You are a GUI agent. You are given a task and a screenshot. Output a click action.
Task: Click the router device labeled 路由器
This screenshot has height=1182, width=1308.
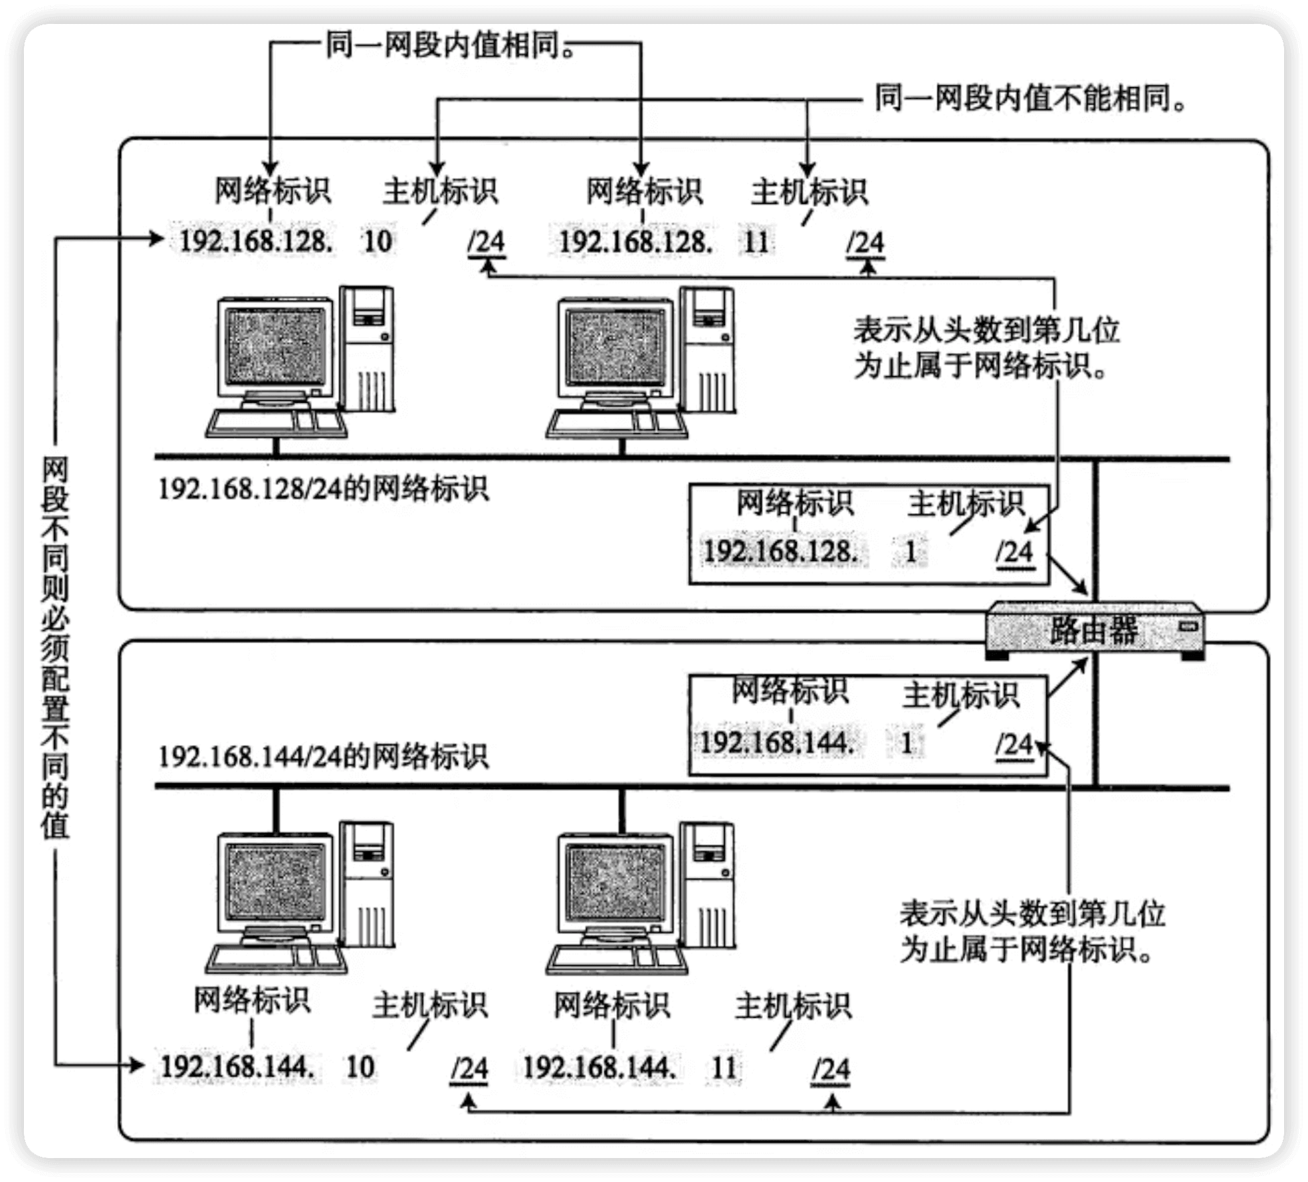pos(1093,630)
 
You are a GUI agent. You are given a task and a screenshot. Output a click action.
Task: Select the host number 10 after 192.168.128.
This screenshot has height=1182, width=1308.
pos(378,241)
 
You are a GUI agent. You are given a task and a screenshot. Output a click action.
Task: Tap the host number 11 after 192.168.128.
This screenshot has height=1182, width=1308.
pos(756,241)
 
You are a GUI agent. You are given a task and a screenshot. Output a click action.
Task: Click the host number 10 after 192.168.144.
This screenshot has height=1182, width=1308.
pos(360,1067)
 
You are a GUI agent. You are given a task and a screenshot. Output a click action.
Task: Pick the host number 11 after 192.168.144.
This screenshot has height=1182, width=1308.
pos(724,1068)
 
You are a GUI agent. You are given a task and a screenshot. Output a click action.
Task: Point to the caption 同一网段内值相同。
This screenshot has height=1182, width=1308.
pos(451,47)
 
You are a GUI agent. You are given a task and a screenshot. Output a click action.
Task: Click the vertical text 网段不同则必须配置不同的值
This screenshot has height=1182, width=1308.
pos(55,645)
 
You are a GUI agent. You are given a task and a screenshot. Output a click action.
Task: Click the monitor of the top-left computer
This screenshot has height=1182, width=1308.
pos(276,348)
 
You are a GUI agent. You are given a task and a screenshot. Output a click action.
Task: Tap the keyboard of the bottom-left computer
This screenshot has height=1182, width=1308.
pos(276,959)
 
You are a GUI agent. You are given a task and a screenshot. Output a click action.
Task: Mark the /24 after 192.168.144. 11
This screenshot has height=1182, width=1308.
pos(831,1070)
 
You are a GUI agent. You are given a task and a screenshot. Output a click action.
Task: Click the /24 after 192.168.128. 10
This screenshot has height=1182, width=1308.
pos(487,242)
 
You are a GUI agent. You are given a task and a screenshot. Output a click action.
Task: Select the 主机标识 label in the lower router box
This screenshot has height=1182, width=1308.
pos(960,695)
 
